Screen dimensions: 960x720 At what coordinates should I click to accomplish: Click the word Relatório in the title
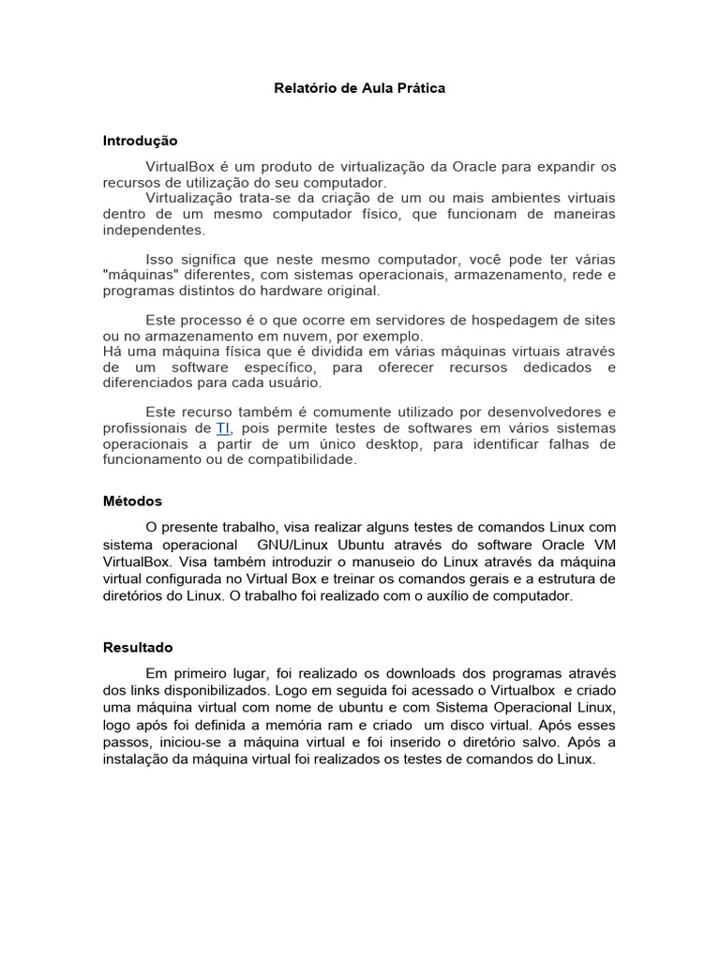(303, 89)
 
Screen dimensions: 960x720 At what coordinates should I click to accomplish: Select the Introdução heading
(140, 141)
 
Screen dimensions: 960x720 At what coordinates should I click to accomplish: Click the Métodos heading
(132, 502)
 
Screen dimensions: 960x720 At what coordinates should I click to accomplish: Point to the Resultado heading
(138, 648)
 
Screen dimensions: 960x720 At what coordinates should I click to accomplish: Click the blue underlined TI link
(223, 428)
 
